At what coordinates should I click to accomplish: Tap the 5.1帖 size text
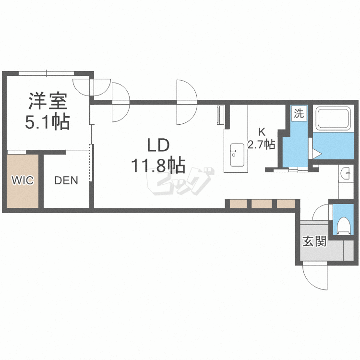(x=48, y=122)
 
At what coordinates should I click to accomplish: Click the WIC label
(x=23, y=180)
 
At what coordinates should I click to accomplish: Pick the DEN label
(x=66, y=180)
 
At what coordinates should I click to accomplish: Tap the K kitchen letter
(x=262, y=131)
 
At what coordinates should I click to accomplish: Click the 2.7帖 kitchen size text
(x=261, y=144)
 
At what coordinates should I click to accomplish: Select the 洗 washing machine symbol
(x=299, y=114)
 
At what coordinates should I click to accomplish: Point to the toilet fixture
(x=343, y=225)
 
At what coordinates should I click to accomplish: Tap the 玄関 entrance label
(x=314, y=241)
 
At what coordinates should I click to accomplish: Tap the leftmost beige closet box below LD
(x=238, y=204)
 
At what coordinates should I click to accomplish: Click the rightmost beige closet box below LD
(x=285, y=204)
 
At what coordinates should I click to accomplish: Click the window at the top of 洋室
(x=46, y=73)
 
